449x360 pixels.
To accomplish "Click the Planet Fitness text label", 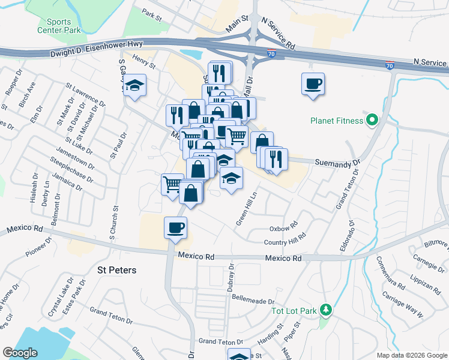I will (337, 121).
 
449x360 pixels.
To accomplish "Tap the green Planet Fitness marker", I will (372, 121).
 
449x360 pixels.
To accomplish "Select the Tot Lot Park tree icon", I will (326, 310).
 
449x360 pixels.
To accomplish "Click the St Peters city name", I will (116, 270).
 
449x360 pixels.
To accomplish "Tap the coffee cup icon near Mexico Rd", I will (176, 227).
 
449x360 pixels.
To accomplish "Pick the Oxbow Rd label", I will (284, 228).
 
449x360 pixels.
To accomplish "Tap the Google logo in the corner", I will (20, 353).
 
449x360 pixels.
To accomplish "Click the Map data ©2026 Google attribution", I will (411, 355).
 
